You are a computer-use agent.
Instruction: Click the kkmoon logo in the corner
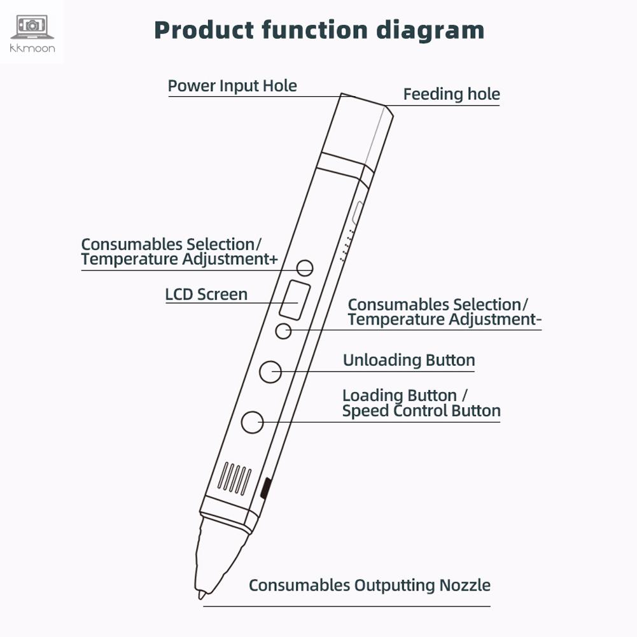32,33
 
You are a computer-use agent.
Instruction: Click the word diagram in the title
430,31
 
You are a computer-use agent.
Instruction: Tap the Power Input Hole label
232,86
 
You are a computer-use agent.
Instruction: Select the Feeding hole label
451,94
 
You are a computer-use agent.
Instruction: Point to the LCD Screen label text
206,295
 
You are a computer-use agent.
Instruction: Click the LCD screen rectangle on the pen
295,300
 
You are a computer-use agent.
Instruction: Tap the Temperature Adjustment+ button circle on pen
305,268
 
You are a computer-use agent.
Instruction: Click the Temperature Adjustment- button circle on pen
284,331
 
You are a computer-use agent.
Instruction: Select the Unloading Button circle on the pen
270,371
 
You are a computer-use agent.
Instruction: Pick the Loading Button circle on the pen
252,423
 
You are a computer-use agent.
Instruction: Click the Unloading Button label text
409,360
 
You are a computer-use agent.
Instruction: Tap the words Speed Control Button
421,410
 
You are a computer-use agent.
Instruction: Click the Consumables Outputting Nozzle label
370,585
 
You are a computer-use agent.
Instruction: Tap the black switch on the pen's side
265,488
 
